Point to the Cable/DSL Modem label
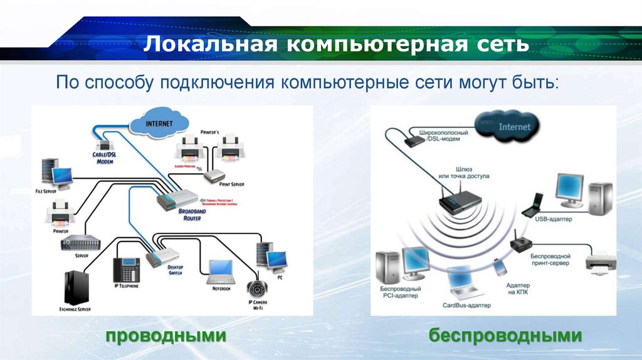coord(104,157)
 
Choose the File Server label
coord(46,189)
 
